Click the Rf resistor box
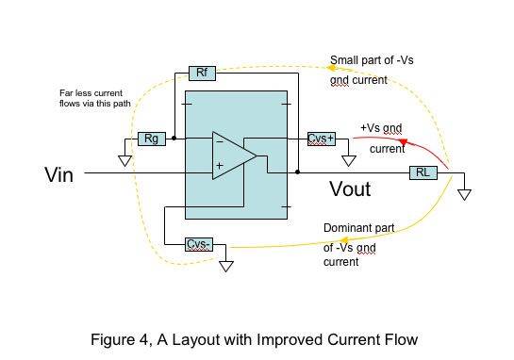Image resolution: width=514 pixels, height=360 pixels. (x=202, y=74)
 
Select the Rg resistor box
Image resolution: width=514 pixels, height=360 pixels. (x=152, y=139)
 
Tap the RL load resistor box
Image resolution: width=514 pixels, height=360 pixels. (x=423, y=172)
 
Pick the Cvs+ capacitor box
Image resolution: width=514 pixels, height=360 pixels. (x=322, y=139)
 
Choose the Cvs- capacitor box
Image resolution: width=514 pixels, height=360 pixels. (x=199, y=244)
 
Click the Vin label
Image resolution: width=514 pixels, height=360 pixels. (x=59, y=174)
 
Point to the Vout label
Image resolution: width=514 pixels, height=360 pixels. (x=350, y=189)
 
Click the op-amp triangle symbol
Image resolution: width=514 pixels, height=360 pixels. (x=235, y=155)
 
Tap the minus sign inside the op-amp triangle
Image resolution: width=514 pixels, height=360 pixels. (x=220, y=142)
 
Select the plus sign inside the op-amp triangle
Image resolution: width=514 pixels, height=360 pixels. (x=220, y=166)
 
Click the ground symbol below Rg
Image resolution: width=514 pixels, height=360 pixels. (x=124, y=161)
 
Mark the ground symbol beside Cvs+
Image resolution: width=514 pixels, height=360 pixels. (x=348, y=161)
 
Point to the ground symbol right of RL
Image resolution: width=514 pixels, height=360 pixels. (x=464, y=194)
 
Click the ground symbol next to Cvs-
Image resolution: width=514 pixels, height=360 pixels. (x=225, y=267)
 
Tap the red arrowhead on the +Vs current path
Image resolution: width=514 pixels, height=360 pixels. (x=404, y=142)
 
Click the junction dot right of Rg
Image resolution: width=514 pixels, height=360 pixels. (x=174, y=139)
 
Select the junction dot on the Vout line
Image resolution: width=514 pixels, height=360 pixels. (x=298, y=172)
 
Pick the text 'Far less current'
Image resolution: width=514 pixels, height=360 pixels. (x=91, y=93)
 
